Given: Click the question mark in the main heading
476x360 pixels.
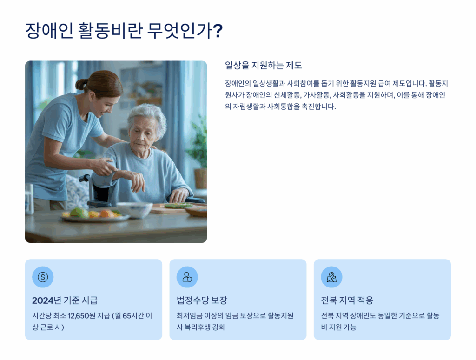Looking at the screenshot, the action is point(217,31).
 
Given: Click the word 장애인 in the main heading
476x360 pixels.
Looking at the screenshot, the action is point(49,31).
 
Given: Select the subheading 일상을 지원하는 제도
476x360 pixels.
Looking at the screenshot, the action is point(264,65).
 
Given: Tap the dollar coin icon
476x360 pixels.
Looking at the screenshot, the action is point(43,277).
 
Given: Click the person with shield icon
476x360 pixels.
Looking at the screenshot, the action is point(187,277).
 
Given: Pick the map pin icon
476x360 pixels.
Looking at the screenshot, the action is point(331,277).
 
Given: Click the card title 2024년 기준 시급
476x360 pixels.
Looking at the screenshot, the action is point(65,300).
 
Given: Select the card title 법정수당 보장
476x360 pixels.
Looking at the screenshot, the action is point(202,300).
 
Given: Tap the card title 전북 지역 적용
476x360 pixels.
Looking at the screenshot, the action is point(347,300).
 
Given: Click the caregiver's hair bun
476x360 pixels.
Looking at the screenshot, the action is point(81,84).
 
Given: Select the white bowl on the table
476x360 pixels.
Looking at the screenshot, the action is point(134,210).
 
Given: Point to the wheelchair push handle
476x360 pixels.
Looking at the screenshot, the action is point(85,178).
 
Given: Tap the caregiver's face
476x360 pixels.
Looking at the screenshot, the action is point(107,105).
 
